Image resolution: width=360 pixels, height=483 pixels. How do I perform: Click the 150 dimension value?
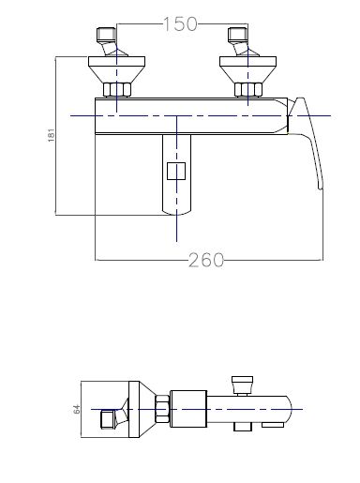click(x=181, y=23)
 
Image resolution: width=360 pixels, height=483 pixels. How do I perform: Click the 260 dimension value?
click(x=206, y=260)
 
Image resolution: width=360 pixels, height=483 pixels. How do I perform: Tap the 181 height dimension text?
click(x=51, y=135)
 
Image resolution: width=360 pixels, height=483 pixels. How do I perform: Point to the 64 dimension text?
click(x=77, y=409)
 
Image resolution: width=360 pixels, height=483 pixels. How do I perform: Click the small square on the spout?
click(x=176, y=171)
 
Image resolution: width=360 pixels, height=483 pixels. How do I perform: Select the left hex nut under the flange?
click(x=116, y=90)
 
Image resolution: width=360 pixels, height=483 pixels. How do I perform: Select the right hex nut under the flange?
click(x=248, y=90)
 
